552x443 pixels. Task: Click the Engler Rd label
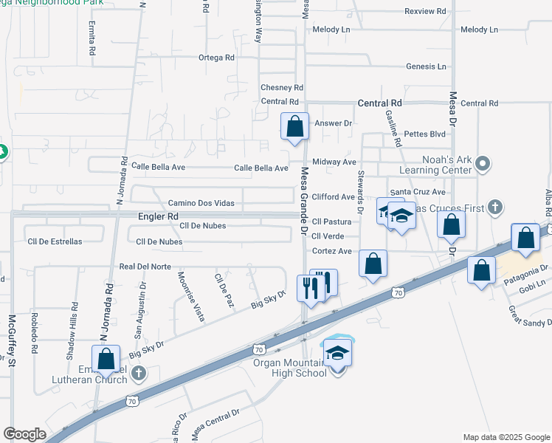[x=159, y=216]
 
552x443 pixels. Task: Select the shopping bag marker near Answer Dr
[x=295, y=126]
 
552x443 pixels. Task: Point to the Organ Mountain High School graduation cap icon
[x=337, y=353]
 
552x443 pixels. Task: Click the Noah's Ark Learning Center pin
[x=483, y=162]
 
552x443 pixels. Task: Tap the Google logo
[x=24, y=434]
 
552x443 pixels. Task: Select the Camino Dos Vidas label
[x=201, y=203]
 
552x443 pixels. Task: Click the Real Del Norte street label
[x=145, y=266]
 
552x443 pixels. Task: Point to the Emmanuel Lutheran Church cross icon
[x=137, y=374]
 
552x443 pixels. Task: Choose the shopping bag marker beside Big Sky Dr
[x=106, y=359]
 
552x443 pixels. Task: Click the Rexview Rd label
[x=426, y=11]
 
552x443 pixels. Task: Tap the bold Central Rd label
[x=379, y=103]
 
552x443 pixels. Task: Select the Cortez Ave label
[x=331, y=251]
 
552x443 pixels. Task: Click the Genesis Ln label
[x=426, y=66]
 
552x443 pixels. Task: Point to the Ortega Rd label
[x=216, y=58]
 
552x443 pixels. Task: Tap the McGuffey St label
[x=12, y=340]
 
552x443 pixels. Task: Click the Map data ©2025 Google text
[x=506, y=437]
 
